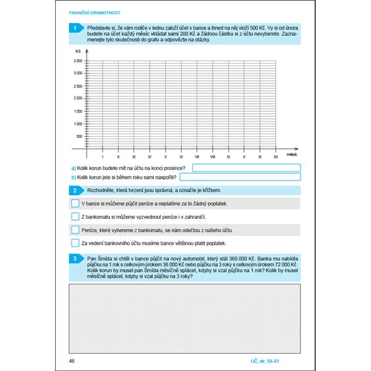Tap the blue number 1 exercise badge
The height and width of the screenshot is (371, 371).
[75, 28]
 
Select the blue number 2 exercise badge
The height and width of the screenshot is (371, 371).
[75, 190]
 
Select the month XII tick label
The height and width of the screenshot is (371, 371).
[276, 158]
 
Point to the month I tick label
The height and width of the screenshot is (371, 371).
[102, 158]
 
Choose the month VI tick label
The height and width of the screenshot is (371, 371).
[181, 158]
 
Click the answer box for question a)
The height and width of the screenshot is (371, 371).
[246, 168]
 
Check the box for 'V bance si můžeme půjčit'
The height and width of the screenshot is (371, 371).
[75, 203]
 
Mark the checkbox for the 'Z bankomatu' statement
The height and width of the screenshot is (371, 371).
[75, 216]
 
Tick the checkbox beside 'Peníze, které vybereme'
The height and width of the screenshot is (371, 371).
[75, 230]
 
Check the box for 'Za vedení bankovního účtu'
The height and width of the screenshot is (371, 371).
[75, 244]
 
